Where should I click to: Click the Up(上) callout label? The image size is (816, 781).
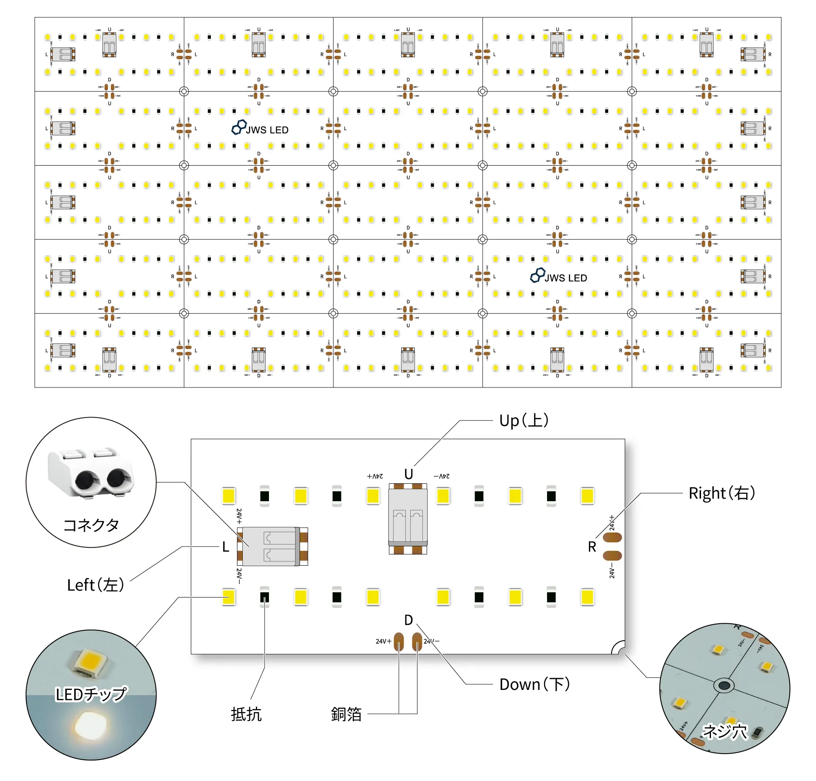(x=524, y=421)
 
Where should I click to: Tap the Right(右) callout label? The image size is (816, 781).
(x=721, y=493)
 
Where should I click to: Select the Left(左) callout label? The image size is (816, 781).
(x=95, y=585)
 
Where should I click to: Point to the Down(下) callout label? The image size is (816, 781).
(x=534, y=684)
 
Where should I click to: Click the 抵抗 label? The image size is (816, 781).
(x=246, y=714)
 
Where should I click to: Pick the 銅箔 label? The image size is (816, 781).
(x=346, y=714)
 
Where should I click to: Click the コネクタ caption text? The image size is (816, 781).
(x=91, y=525)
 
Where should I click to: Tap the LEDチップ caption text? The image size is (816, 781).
(x=91, y=694)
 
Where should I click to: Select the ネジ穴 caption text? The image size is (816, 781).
(x=725, y=731)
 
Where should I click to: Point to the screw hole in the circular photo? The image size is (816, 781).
(x=724, y=686)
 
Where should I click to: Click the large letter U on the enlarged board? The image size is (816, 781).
(x=408, y=474)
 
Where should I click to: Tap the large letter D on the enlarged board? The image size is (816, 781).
(x=408, y=620)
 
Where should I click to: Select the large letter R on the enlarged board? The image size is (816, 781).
(x=592, y=547)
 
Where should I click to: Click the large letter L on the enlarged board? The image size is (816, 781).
(x=225, y=547)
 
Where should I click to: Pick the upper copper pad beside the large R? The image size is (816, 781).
(x=612, y=537)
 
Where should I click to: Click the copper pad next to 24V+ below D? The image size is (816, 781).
(x=399, y=642)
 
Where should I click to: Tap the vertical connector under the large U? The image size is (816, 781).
(x=408, y=519)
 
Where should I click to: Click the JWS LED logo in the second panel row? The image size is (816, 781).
(x=260, y=128)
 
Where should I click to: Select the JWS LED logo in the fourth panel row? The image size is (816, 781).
(x=559, y=276)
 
